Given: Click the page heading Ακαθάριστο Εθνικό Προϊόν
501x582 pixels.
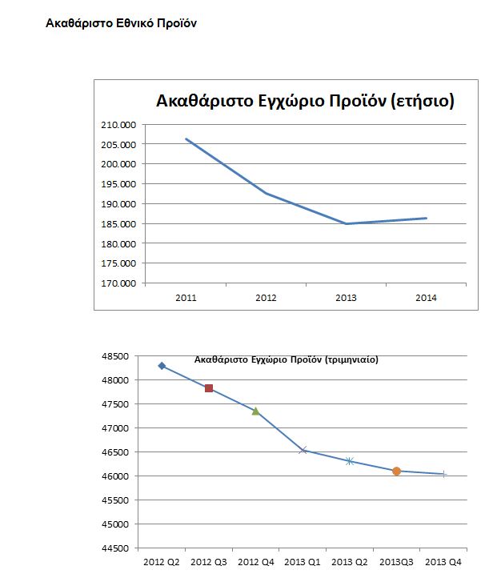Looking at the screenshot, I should tap(122, 23).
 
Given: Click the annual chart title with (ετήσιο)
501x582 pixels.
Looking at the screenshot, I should tap(304, 102).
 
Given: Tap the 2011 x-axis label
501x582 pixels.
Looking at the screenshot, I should tap(186, 298).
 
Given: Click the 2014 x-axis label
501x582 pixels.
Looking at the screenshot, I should tap(427, 298).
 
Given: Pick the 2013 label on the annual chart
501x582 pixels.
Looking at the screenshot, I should tap(347, 298).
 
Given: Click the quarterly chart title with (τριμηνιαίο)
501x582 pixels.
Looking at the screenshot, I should tap(286, 360).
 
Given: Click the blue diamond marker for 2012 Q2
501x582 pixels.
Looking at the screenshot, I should tap(162, 366).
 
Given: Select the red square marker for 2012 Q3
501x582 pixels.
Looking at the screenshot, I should tap(209, 388).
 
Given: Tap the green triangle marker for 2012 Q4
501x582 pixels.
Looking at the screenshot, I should tap(255, 411).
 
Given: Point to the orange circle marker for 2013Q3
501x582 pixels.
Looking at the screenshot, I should tap(396, 472).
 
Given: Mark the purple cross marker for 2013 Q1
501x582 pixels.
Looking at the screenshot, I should tap(303, 450).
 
